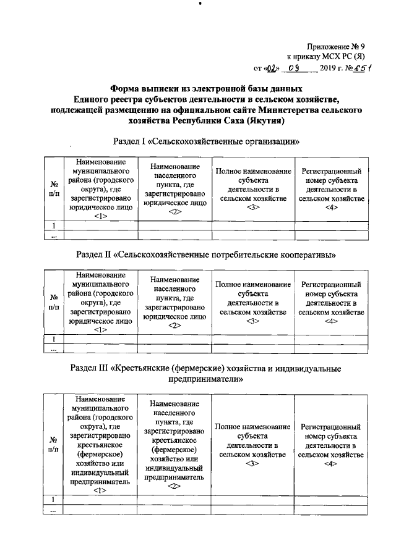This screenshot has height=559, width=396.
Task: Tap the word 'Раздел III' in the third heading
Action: (87, 368)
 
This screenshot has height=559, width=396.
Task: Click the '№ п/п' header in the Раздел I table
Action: (54, 190)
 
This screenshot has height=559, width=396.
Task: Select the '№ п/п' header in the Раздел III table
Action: (54, 444)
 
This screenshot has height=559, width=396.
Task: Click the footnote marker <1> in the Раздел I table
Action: (101, 216)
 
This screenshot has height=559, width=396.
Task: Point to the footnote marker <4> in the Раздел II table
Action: (330, 321)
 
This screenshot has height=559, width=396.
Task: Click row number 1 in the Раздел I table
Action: (54, 225)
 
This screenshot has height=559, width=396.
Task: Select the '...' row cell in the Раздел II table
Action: (54, 349)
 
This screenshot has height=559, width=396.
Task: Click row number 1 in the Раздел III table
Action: (54, 499)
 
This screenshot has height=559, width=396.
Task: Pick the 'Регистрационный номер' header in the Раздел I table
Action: (330, 185)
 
